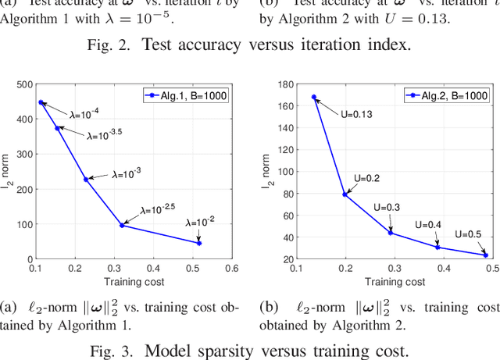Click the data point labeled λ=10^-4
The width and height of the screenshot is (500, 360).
41,102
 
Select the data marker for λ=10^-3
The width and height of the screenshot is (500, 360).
86,179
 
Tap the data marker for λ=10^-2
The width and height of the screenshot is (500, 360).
199,243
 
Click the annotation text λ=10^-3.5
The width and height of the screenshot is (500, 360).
105,134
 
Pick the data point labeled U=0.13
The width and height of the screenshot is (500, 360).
314,98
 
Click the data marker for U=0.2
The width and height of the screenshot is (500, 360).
345,194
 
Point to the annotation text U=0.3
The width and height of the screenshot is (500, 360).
387,207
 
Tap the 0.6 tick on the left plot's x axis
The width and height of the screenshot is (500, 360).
231,268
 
